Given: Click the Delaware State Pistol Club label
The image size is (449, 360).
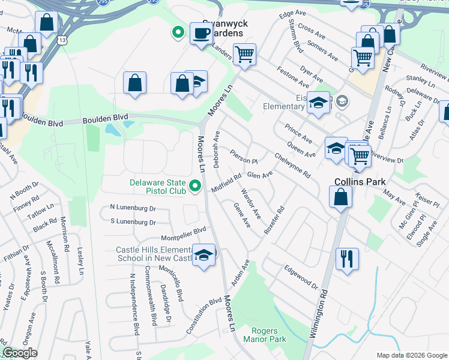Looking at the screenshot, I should coord(157,187).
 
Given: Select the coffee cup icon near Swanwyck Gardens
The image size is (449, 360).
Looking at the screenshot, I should coord(200,33).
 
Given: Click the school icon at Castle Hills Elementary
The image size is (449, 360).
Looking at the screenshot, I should coord(204,256).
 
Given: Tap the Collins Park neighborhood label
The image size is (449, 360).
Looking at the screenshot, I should coord(360,182).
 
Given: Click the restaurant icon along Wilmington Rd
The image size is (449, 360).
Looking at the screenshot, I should coord(347,259).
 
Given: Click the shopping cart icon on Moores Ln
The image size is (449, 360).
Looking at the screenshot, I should coord(244,55).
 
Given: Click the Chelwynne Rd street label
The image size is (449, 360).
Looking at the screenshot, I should coord(292,165).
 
